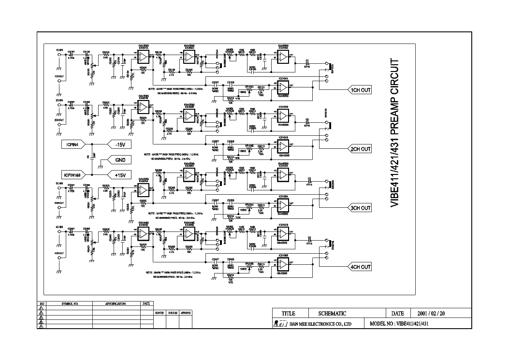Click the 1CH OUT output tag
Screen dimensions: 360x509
point(361,90)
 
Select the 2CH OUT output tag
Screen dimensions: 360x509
point(361,149)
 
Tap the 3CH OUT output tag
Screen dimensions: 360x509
point(361,208)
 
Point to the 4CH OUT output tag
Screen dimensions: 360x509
point(361,267)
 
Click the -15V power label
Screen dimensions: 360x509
point(119,144)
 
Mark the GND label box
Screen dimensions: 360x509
point(119,159)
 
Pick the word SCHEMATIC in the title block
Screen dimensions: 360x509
point(332,314)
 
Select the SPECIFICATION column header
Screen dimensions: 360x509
point(116,304)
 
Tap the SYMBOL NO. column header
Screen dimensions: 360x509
point(70,304)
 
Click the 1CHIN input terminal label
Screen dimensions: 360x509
point(59,50)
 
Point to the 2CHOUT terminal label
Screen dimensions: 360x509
point(59,119)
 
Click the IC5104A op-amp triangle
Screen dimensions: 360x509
point(283,86)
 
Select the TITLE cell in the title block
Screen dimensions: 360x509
point(288,314)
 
